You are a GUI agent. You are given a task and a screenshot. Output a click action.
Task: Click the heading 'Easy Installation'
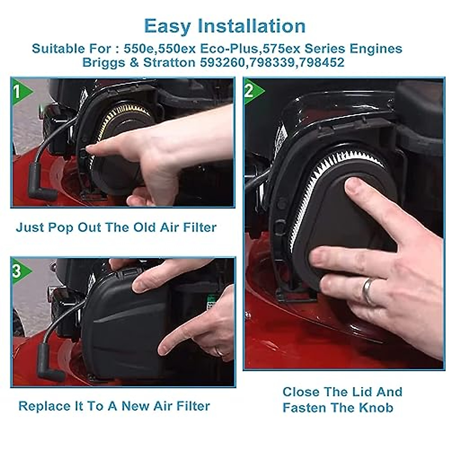pos(224,26)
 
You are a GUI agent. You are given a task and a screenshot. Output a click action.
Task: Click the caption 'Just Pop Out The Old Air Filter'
pos(116,227)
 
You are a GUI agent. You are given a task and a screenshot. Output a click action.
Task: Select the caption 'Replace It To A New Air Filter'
pos(114,406)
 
